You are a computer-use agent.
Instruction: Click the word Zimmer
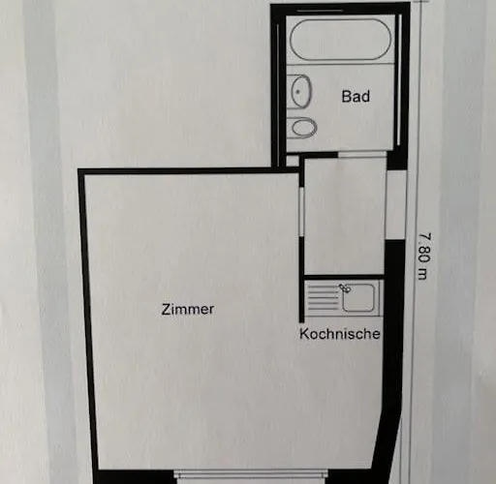coord(187,309)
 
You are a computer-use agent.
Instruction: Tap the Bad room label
coord(356,96)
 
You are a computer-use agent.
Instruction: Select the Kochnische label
coord(340,334)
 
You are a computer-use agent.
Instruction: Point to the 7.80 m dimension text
coord(424,257)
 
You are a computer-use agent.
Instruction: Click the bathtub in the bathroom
coord(340,40)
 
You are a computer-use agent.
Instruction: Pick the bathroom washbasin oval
coord(301,91)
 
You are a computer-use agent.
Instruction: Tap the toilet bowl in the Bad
coord(304,128)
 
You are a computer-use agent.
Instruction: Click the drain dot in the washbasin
coord(298,92)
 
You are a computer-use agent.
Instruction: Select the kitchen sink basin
coord(358,297)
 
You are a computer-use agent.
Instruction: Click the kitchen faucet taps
coord(345,287)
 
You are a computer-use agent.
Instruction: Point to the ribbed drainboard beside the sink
coord(324,297)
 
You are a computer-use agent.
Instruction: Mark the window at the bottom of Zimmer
coord(251,478)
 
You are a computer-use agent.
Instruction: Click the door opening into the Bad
coord(362,155)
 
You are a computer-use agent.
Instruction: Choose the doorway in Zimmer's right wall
coord(301,212)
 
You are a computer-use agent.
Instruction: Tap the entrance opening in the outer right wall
coord(396,204)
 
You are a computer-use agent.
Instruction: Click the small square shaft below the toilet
coord(293,161)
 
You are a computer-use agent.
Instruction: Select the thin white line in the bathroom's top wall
coord(320,11)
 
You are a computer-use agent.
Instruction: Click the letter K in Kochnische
coord(304,334)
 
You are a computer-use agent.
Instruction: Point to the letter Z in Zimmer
coord(166,309)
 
